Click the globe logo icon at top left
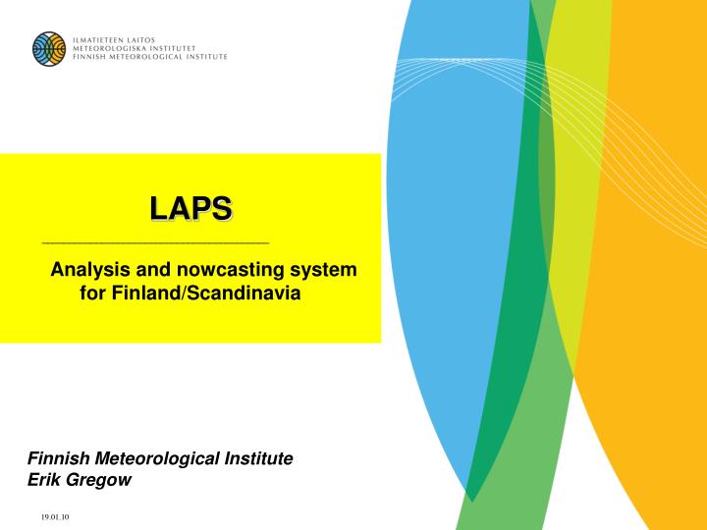point(48,48)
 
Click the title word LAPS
point(190,208)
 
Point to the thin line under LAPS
point(155,241)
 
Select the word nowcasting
point(224,269)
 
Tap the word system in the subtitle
point(326,269)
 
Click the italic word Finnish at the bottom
point(59,458)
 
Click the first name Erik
point(43,480)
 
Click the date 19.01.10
point(55,517)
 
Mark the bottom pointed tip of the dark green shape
point(469,500)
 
